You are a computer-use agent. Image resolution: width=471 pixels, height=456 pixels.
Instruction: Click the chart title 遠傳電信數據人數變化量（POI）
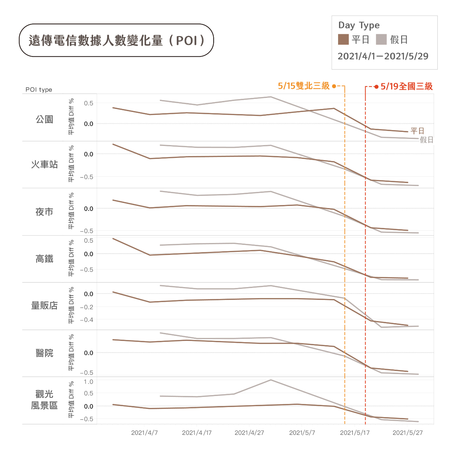[x=116, y=40]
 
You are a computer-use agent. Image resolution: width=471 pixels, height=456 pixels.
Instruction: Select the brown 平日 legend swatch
[x=343, y=39]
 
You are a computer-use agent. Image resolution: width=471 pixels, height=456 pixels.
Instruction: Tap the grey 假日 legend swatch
[x=381, y=39]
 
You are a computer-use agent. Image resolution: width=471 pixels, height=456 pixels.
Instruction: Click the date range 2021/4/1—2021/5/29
[x=383, y=56]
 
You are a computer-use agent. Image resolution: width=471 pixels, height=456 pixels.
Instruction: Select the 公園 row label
[x=44, y=119]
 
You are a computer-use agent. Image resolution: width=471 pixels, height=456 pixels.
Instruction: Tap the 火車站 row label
[x=44, y=165]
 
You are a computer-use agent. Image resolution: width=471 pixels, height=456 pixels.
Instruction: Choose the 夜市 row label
[x=44, y=212]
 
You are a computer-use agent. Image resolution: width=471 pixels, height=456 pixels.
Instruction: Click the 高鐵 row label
[x=44, y=259]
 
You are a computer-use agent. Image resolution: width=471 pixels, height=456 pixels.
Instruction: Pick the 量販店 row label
[x=44, y=305]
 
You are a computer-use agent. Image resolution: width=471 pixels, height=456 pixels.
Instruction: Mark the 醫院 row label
[x=44, y=353]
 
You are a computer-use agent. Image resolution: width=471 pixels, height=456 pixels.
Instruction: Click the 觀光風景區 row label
[x=44, y=400]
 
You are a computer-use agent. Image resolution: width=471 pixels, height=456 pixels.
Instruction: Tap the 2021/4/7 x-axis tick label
[x=144, y=433]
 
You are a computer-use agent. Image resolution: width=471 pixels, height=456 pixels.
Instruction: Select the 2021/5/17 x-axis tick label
[x=355, y=433]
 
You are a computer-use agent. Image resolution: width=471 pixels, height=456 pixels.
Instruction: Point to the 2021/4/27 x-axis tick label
[x=249, y=433]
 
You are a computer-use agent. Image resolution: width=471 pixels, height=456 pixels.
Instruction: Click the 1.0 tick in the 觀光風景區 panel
[x=89, y=382]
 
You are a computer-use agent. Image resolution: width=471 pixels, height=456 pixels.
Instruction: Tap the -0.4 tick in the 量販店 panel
[x=87, y=320]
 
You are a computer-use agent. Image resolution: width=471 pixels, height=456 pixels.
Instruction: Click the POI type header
[x=39, y=90]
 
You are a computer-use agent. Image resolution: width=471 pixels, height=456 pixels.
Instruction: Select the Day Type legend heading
[x=359, y=25]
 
